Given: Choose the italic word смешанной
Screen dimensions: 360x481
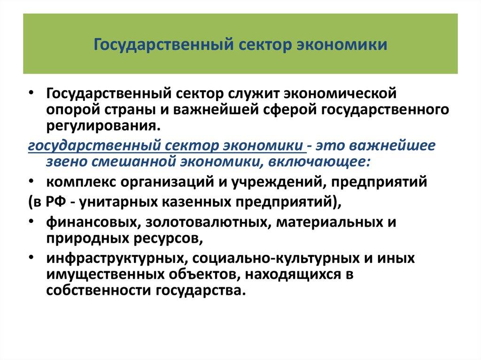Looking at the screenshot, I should click(x=137, y=162).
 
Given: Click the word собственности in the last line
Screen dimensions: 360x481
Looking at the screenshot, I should click(x=96, y=291).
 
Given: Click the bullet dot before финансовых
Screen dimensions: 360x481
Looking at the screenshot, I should click(x=31, y=221).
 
